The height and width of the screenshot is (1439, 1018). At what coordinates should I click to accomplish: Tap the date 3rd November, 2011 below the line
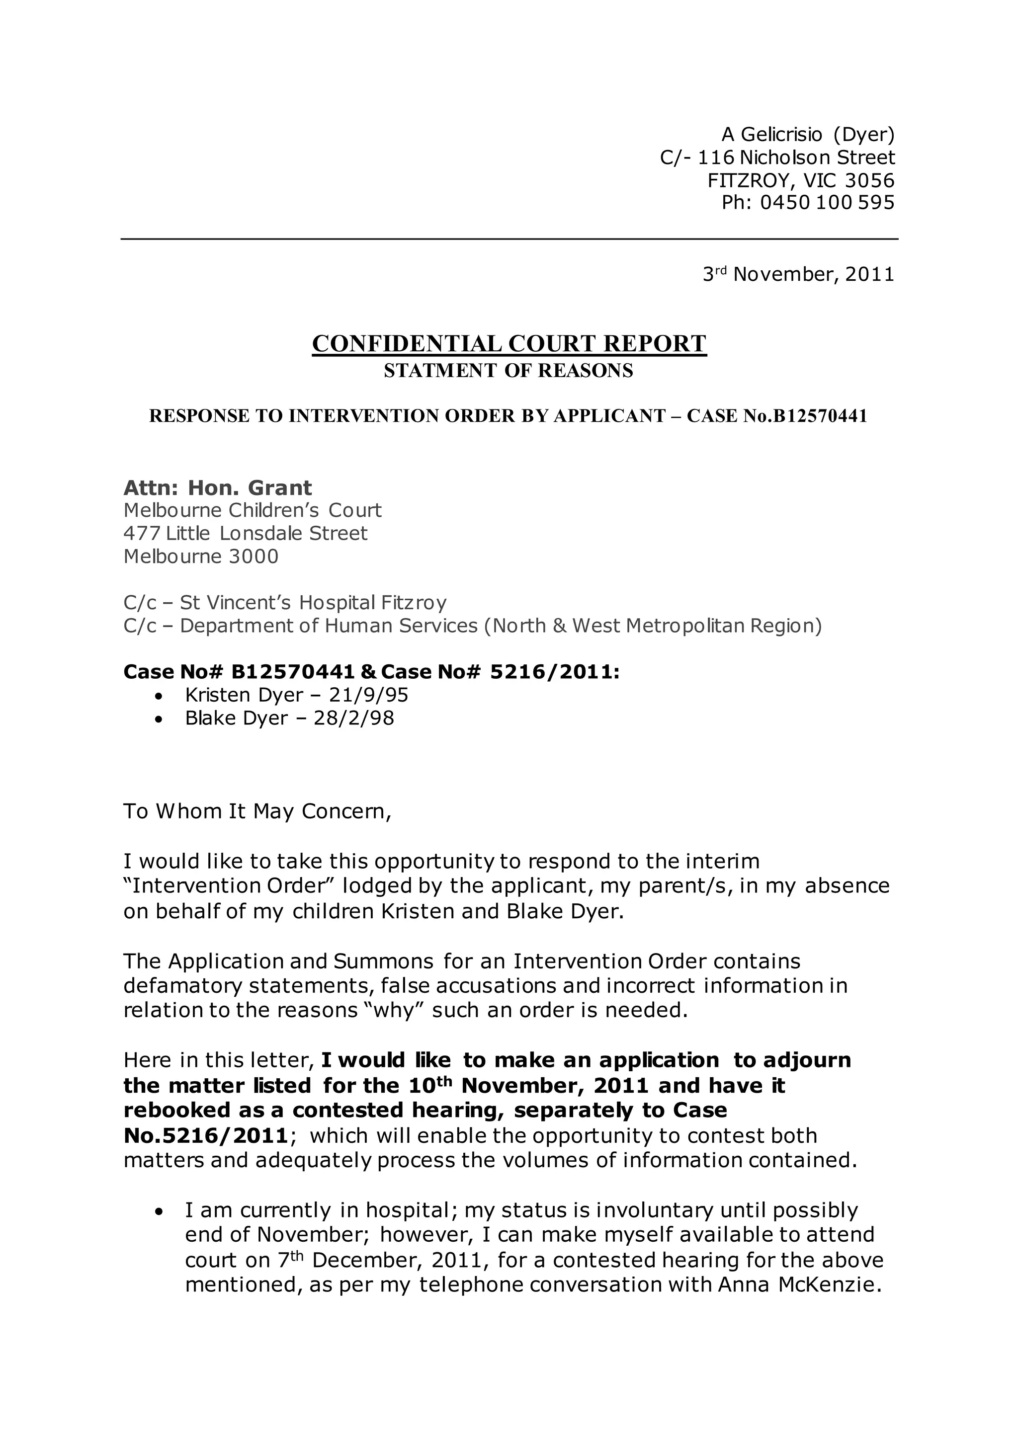click(x=798, y=274)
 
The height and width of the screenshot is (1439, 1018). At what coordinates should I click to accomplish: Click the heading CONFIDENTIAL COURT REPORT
click(x=509, y=343)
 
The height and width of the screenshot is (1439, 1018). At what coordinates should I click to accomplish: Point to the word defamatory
click(x=182, y=986)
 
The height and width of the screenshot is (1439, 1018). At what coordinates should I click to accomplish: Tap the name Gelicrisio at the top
click(x=781, y=134)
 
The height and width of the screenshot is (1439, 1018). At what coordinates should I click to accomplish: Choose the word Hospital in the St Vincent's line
click(x=336, y=602)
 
